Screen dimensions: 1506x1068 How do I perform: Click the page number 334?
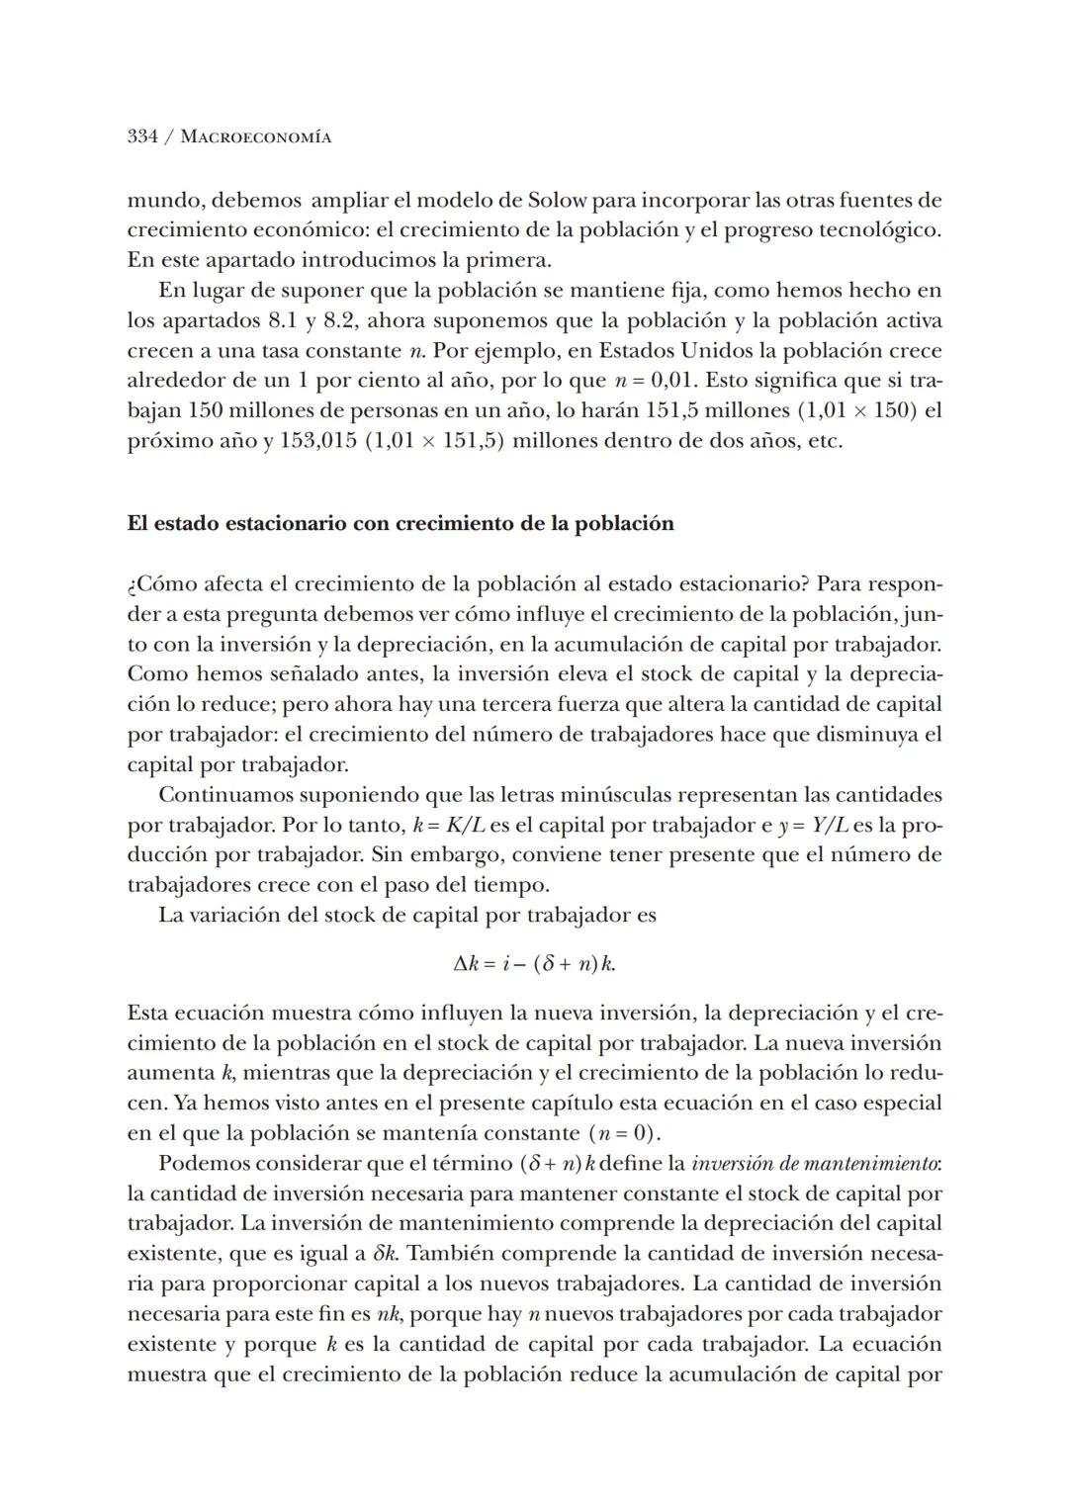tap(142, 136)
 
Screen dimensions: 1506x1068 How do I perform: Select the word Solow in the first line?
tap(558, 200)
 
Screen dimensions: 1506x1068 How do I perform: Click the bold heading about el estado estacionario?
tap(400, 523)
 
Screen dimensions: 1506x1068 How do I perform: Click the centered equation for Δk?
tap(534, 963)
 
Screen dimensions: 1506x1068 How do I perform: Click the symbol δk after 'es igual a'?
tap(387, 1254)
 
